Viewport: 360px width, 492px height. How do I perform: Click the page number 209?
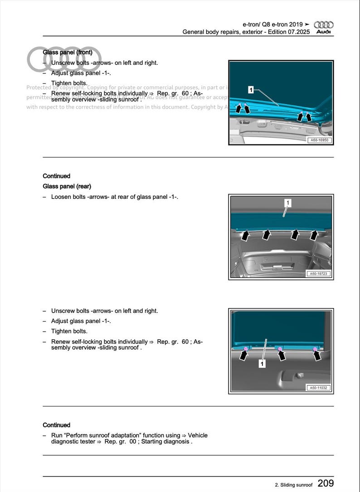pyautogui.click(x=326, y=483)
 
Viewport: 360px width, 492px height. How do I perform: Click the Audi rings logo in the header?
pyautogui.click(x=324, y=25)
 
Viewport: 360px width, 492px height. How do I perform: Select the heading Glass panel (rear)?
pyautogui.click(x=67, y=186)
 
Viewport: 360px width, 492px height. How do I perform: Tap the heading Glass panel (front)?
pyautogui.click(x=68, y=53)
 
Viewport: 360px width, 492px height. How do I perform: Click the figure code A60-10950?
pyautogui.click(x=320, y=140)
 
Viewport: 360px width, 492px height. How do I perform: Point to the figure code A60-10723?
pyautogui.click(x=320, y=274)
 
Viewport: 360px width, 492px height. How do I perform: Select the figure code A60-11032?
pyautogui.click(x=320, y=388)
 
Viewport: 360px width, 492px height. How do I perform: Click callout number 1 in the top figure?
pyautogui.click(x=251, y=90)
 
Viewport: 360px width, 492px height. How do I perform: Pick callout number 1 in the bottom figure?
pyautogui.click(x=262, y=364)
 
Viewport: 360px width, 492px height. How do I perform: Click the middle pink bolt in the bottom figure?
pyautogui.click(x=280, y=349)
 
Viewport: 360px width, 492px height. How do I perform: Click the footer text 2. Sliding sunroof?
pyautogui.click(x=293, y=485)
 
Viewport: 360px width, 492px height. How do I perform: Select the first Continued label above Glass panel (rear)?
pyautogui.click(x=56, y=176)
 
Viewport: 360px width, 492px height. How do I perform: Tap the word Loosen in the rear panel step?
pyautogui.click(x=61, y=197)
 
